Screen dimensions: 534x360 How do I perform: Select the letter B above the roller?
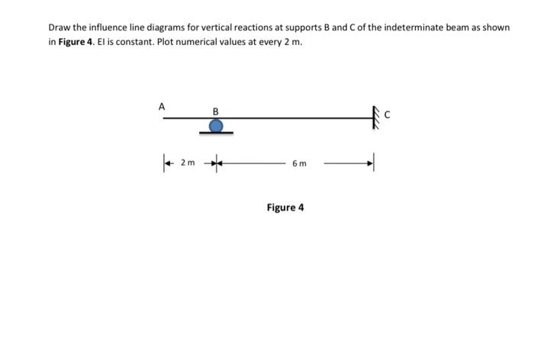[216, 111]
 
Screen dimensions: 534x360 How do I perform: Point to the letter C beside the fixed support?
[388, 116]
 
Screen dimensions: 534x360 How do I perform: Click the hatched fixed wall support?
[375, 117]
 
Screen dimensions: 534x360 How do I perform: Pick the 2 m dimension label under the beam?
[188, 162]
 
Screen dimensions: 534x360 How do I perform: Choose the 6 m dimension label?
[299, 163]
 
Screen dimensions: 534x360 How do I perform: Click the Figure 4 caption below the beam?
[285, 207]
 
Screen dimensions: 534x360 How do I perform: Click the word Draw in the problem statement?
[60, 27]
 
